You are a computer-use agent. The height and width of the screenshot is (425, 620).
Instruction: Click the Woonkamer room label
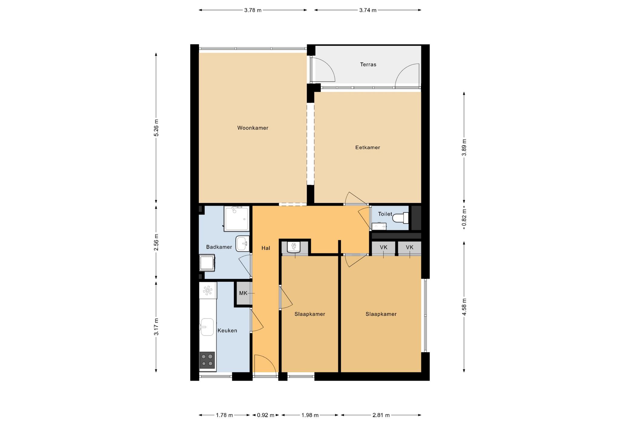tap(252, 128)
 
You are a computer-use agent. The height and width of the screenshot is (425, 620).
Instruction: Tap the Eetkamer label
tap(368, 147)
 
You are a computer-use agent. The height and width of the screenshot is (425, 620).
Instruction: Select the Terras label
tap(368, 64)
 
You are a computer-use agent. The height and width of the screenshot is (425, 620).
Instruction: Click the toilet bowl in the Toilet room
tap(401, 218)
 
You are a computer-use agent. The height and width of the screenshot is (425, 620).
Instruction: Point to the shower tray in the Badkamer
tap(237, 219)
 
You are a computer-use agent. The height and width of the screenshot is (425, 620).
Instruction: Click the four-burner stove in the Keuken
tap(207, 360)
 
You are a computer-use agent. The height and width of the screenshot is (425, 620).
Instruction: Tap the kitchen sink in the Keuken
tap(207, 327)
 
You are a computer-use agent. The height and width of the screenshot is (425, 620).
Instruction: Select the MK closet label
tap(243, 293)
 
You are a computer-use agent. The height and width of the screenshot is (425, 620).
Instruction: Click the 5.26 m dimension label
tap(156, 128)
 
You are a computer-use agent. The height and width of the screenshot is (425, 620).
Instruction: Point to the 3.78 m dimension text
tap(253, 10)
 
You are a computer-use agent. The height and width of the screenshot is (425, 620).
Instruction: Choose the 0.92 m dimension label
tap(266, 415)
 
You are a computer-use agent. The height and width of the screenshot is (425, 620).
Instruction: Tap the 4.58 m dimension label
tap(464, 307)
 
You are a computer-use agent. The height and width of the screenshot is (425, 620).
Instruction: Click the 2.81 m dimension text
tap(381, 415)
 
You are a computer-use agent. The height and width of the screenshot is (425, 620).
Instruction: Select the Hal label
tap(266, 248)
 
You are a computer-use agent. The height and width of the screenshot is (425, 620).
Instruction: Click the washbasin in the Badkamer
tap(242, 243)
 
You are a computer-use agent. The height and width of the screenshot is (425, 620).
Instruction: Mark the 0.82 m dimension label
tap(464, 218)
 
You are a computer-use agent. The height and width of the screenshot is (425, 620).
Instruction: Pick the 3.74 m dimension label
tap(368, 10)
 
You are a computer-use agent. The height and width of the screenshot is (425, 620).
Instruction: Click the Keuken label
tap(227, 331)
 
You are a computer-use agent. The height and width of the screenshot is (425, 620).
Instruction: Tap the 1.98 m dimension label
tap(310, 415)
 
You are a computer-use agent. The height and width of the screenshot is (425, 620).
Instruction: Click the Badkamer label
tap(219, 247)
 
